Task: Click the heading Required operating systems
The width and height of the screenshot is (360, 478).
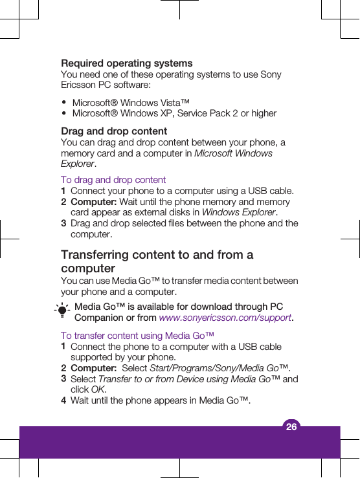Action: (126, 63)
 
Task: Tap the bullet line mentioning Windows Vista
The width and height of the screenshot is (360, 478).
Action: (131, 103)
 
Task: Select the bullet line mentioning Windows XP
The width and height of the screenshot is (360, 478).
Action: (174, 114)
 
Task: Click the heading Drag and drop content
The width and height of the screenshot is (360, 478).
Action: (114, 131)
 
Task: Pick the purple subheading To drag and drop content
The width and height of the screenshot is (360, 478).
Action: (113, 180)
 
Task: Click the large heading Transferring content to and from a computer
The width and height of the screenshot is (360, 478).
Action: (157, 261)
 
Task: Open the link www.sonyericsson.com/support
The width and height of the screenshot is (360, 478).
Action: (225, 318)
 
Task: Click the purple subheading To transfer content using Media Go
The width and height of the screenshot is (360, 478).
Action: (137, 336)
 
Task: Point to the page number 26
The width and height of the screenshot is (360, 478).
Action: (291, 426)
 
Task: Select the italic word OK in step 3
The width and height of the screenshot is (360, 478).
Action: (97, 389)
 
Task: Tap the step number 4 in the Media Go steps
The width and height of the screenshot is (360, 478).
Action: (63, 401)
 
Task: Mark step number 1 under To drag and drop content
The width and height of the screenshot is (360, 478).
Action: (63, 191)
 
